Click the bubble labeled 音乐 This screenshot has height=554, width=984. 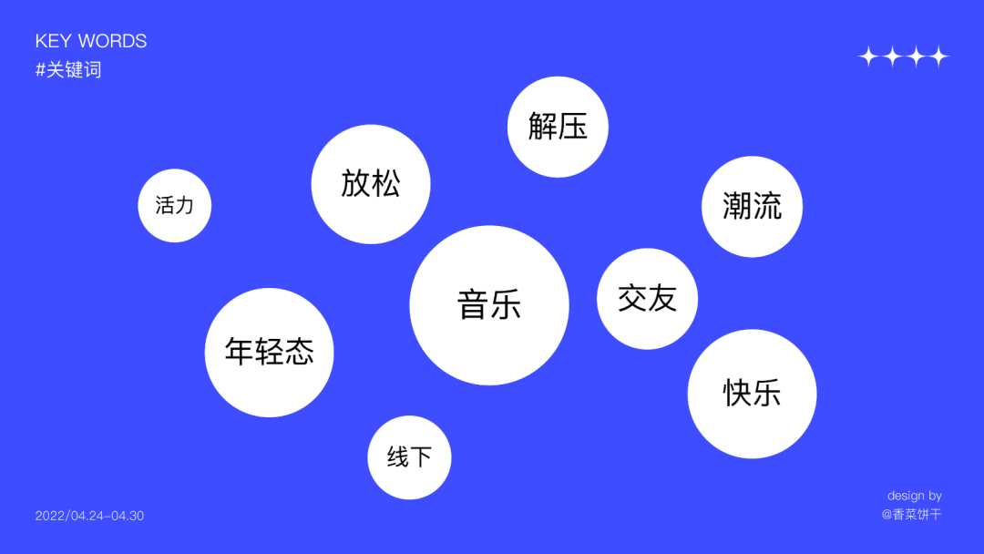[489, 305]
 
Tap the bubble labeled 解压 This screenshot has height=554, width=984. [558, 127]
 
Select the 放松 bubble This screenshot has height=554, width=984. [371, 184]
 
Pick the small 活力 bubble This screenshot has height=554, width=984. [174, 206]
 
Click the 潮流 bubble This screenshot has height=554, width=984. [752, 206]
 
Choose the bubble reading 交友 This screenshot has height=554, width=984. [647, 298]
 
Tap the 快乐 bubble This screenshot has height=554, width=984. [752, 394]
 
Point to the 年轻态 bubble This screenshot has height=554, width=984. [269, 353]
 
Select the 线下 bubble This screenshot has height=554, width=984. [409, 457]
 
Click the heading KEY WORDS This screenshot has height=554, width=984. [91, 42]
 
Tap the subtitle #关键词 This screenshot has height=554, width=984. [68, 70]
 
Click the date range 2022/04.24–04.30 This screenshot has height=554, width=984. [89, 516]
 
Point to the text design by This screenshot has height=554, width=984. [915, 496]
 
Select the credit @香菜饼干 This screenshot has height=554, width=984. [911, 515]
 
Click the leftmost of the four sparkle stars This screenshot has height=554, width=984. [868, 57]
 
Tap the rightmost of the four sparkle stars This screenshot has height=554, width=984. [938, 57]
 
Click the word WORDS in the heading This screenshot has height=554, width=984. [112, 42]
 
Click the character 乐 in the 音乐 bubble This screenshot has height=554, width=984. [506, 305]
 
